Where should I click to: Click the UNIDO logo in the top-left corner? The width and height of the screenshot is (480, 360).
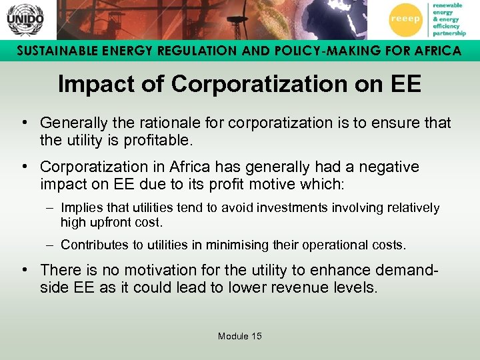(x=25, y=19)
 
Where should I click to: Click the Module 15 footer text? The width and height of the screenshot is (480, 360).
(x=239, y=336)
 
